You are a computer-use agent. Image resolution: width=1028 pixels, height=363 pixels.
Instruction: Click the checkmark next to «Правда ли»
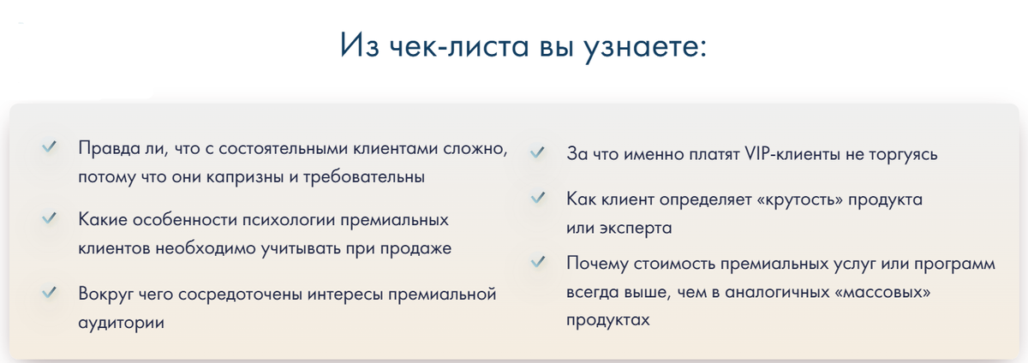(49, 147)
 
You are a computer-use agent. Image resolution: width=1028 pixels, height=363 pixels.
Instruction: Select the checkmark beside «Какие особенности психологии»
(49, 219)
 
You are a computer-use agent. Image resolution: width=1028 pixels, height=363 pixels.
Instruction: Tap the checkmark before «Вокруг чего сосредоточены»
(49, 294)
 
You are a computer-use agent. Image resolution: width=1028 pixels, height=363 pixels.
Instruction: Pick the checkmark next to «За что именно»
(538, 154)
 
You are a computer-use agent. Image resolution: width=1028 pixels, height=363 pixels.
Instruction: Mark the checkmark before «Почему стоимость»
(538, 262)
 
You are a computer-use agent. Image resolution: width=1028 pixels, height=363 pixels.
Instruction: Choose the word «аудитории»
(121, 324)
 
